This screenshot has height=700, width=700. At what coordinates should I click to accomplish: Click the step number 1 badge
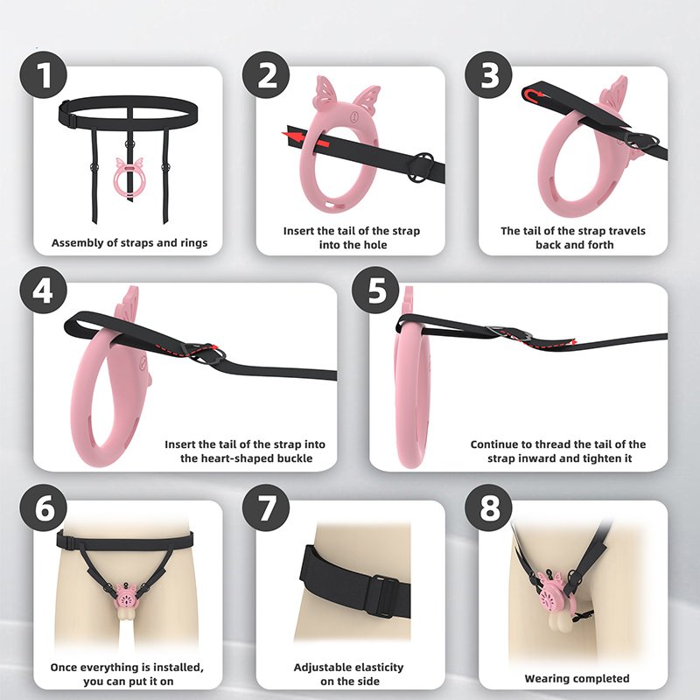click(43, 74)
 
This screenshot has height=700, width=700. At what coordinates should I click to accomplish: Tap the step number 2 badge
click(266, 74)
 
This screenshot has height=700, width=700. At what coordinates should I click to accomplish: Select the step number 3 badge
click(489, 74)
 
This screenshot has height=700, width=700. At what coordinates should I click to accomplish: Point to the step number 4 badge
click(43, 290)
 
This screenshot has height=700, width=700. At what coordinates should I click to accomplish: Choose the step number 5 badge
click(375, 290)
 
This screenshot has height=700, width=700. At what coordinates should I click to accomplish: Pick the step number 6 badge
click(43, 508)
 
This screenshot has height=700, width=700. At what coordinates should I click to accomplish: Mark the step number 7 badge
click(266, 508)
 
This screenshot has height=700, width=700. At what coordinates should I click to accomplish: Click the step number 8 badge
click(489, 508)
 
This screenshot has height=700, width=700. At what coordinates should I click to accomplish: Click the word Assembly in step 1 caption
click(73, 243)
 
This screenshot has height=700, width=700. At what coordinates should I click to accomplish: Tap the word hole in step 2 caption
click(376, 245)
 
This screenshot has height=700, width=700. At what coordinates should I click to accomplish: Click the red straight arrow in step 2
click(305, 137)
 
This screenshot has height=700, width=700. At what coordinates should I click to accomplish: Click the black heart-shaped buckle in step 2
click(420, 167)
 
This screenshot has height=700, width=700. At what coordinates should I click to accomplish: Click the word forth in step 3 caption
click(601, 245)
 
